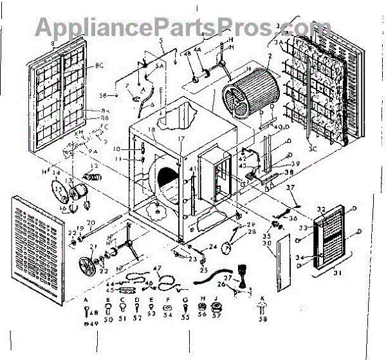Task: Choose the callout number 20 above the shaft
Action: [91, 222]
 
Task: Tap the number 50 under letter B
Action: [109, 319]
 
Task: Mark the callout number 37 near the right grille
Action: [290, 187]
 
